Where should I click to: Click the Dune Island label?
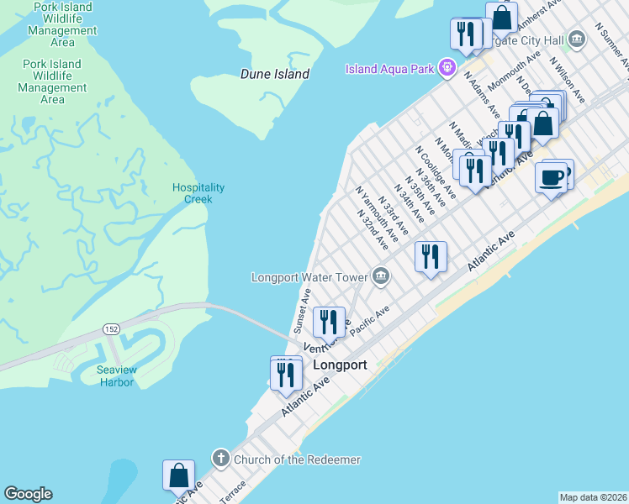click(x=275, y=74)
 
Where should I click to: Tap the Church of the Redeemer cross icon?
click(x=220, y=459)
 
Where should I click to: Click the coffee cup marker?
click(x=551, y=177)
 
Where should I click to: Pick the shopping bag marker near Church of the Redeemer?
click(x=179, y=475)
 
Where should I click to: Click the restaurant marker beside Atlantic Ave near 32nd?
click(x=431, y=256)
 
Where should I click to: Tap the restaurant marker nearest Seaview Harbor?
click(x=286, y=373)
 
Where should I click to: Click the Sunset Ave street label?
click(x=302, y=311)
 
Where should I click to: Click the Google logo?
click(x=28, y=494)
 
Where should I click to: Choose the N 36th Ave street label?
click(x=421, y=192)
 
